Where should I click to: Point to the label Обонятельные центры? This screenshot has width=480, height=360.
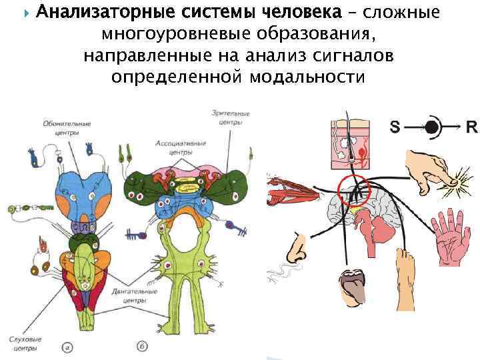coord(67,127)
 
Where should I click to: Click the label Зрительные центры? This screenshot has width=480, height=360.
coord(230,118)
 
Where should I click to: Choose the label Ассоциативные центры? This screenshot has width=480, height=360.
coord(181,147)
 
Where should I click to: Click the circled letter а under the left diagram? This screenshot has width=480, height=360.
coord(67,347)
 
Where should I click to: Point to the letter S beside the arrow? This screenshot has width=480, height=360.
coord(395,126)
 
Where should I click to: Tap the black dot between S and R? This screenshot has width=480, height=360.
coord(432,126)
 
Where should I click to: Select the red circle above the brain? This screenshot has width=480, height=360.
coord(353,190)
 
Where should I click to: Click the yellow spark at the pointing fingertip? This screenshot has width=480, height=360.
coord(461,179)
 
